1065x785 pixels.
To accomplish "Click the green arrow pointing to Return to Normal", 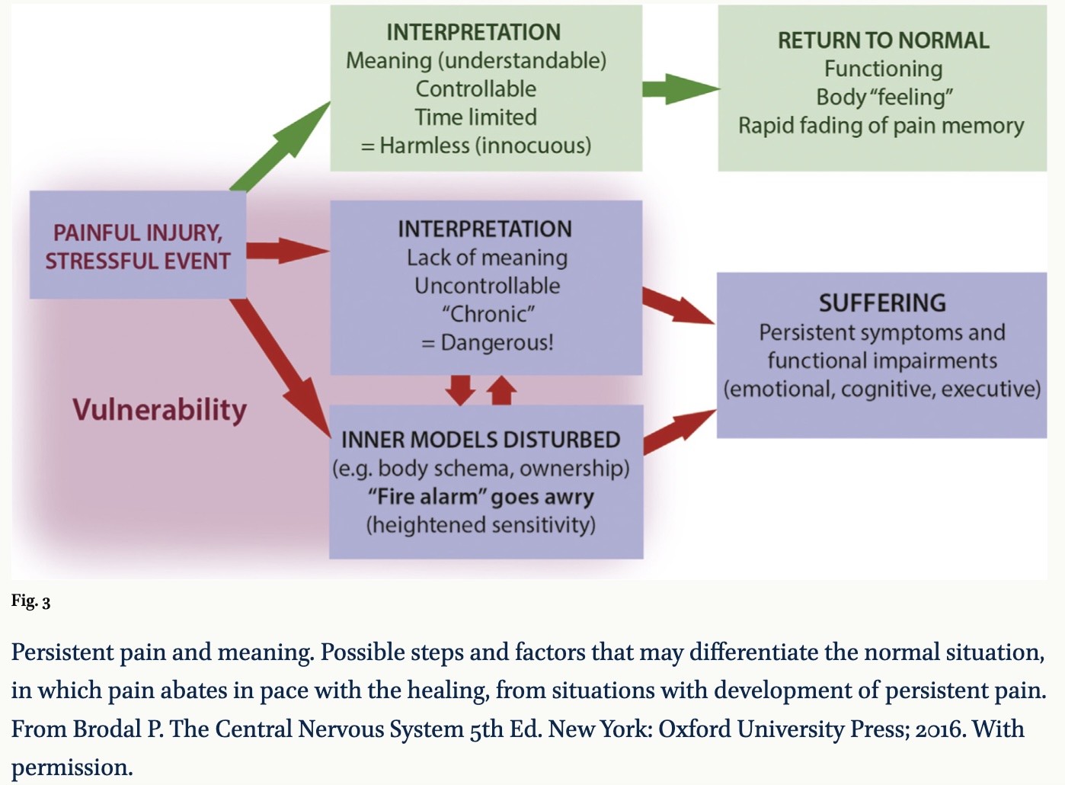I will pyautogui.click(x=679, y=89).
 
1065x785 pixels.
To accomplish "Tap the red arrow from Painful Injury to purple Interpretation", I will pyautogui.click(x=286, y=250).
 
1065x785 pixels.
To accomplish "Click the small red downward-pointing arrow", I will pyautogui.click(x=460, y=389).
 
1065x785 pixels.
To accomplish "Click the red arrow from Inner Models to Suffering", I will pyautogui.click(x=679, y=430).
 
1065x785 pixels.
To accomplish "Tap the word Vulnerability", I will pyautogui.click(x=159, y=410).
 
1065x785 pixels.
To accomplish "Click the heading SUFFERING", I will pyautogui.click(x=882, y=303).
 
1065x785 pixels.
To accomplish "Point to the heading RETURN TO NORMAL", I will pyautogui.click(x=883, y=40).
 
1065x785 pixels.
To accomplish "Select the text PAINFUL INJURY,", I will pyautogui.click(x=137, y=232).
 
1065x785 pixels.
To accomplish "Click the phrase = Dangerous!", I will pyautogui.click(x=487, y=343).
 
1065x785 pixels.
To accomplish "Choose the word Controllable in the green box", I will pyautogui.click(x=475, y=89).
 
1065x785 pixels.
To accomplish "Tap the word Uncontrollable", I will pyautogui.click(x=487, y=286).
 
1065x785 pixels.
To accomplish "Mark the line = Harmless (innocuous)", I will pyautogui.click(x=475, y=146).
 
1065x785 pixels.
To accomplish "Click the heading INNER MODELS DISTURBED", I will pyautogui.click(x=481, y=440).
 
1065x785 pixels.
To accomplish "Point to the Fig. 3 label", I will pyautogui.click(x=30, y=601).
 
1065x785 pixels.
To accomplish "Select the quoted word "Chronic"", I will pyautogui.click(x=488, y=314).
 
